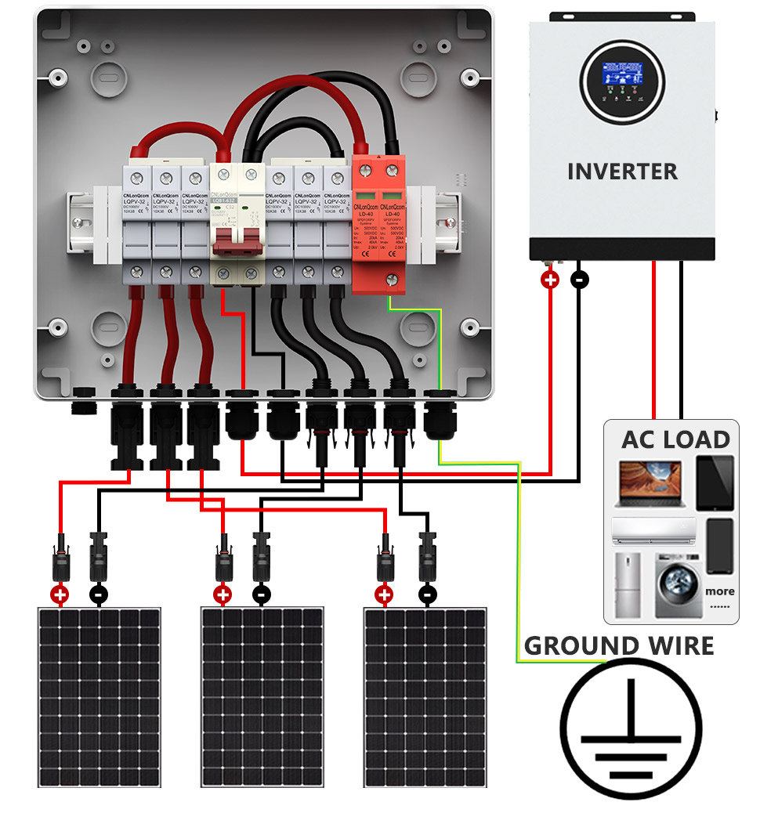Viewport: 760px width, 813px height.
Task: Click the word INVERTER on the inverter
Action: click(x=622, y=172)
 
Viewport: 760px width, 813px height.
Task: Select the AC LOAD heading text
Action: click(x=675, y=439)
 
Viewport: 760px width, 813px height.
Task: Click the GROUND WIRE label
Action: click(x=619, y=646)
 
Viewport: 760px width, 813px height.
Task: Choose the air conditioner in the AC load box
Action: click(x=653, y=530)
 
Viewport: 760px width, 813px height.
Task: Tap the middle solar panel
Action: click(x=262, y=696)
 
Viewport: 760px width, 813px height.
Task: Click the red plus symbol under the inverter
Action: click(x=551, y=279)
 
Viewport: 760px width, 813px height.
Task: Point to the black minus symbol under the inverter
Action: click(x=579, y=279)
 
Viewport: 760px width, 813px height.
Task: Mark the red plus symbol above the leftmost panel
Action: click(x=60, y=594)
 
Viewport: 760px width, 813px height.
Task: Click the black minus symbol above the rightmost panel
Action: click(x=427, y=594)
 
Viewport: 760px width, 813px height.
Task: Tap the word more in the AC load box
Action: click(x=719, y=591)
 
